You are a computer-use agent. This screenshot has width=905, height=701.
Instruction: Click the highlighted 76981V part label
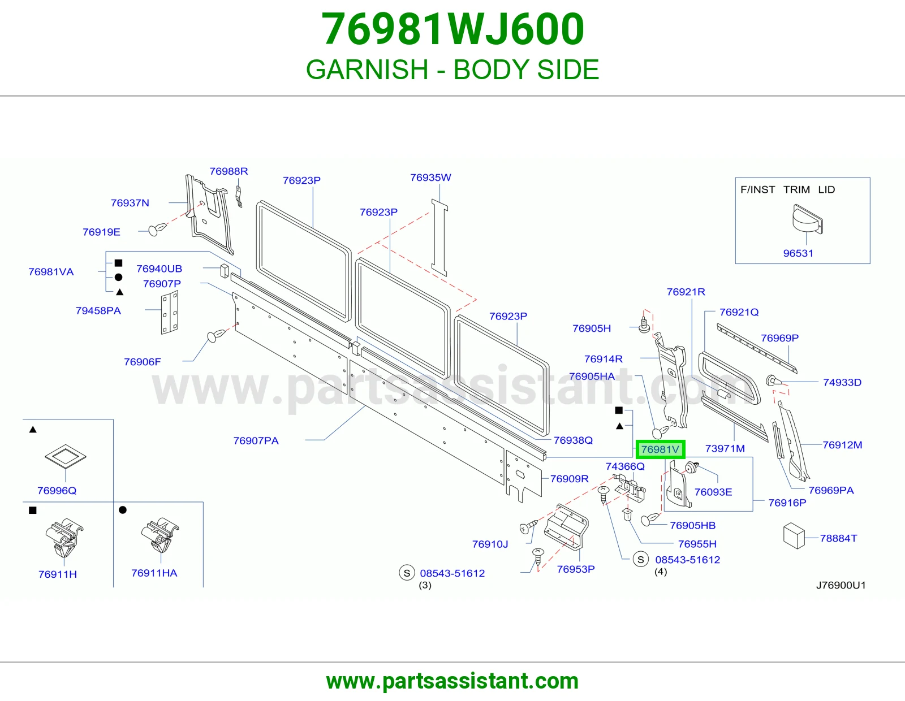660,449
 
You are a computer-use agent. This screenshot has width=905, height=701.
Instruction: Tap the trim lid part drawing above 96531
808,219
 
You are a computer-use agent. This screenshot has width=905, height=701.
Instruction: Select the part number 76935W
430,178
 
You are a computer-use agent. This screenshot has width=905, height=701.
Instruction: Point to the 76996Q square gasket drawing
66,456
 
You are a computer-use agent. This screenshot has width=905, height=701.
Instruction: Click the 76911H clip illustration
64,538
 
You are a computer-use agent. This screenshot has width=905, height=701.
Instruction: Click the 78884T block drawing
794,536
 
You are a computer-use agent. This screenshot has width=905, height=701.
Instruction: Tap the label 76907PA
256,441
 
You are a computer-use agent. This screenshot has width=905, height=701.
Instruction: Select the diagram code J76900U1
841,585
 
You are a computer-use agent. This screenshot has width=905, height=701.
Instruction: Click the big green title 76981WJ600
453,29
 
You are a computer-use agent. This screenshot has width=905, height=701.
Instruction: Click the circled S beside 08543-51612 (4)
640,560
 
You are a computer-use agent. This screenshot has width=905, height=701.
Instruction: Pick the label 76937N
130,203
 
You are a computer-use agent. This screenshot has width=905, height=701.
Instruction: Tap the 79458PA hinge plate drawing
170,312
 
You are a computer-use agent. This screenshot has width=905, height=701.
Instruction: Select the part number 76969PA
831,490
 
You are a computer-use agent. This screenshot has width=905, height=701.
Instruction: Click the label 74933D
842,383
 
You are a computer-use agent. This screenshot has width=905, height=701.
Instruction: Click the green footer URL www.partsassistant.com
453,681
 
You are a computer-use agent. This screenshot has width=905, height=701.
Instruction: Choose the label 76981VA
51,272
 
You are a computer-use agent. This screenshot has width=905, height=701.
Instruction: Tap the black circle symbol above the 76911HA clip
122,510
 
